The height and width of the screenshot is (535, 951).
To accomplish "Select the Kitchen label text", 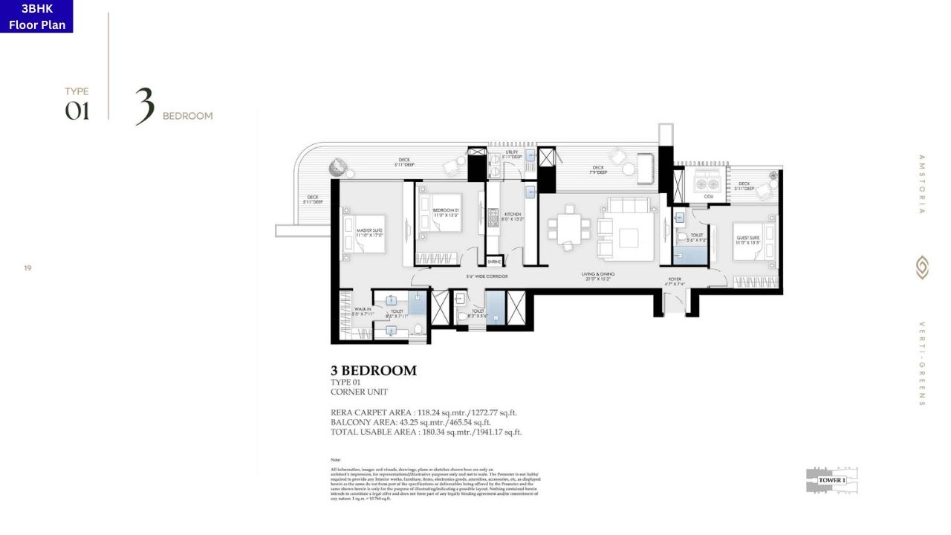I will [513, 216].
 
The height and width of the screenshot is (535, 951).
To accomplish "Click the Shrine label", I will [494, 262].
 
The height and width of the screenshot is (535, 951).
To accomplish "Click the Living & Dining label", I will [598, 276].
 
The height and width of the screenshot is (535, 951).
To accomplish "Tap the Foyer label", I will [674, 282].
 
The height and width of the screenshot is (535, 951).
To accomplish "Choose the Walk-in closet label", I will [363, 312].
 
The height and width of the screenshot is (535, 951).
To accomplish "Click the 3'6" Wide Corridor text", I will [487, 276].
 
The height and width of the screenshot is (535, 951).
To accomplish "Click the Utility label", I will [511, 155].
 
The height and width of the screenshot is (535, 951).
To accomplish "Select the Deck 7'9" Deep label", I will [597, 170].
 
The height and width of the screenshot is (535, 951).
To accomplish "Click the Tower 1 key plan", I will [831, 480].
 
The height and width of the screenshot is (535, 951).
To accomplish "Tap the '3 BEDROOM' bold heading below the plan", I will [373, 371].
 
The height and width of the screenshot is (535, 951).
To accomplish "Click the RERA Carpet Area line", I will [423, 412].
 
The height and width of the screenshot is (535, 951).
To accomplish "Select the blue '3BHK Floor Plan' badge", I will [36, 16].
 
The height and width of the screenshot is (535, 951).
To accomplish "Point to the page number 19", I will [27, 267].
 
